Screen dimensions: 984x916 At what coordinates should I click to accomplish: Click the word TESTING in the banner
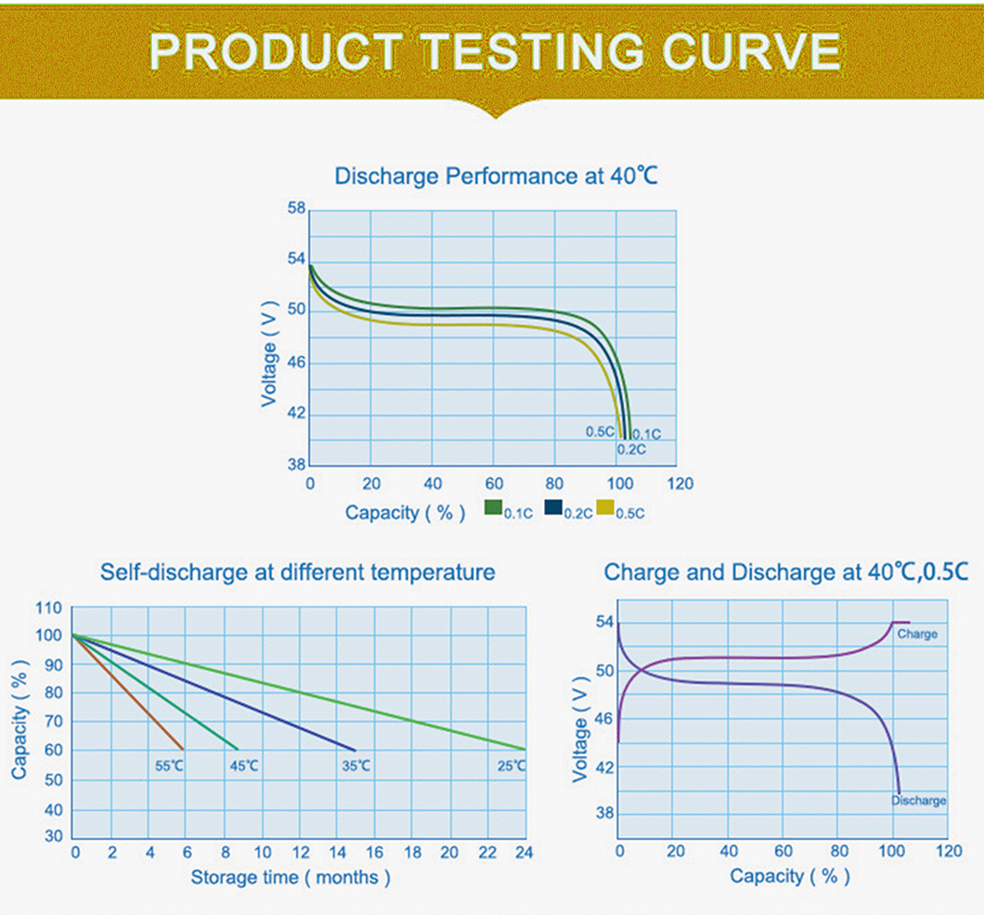[x=532, y=51]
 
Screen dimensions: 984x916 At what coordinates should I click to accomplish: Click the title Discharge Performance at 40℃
[x=496, y=177]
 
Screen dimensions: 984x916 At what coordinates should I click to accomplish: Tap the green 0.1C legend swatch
[x=494, y=506]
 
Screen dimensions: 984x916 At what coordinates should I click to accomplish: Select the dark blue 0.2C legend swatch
[x=553, y=506]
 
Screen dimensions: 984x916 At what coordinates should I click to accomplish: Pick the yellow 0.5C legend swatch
[x=605, y=506]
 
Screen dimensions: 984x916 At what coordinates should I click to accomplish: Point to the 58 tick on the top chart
[x=297, y=208]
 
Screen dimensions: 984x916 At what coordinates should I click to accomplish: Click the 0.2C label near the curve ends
[x=631, y=450]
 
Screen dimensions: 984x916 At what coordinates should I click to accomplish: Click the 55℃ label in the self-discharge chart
[x=170, y=766]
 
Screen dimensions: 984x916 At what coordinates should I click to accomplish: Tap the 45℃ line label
[x=243, y=766]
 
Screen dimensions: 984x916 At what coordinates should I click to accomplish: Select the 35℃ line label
[x=356, y=766]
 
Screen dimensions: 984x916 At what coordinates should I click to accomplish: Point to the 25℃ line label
[x=511, y=766]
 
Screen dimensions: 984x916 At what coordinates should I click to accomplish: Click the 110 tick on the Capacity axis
[x=49, y=608]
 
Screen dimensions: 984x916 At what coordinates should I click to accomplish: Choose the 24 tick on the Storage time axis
[x=524, y=852]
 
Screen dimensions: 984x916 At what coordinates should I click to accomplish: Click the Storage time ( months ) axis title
[x=291, y=877]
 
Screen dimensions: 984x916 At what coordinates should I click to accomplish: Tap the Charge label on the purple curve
[x=917, y=635]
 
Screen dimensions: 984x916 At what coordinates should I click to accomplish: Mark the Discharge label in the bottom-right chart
[x=919, y=801]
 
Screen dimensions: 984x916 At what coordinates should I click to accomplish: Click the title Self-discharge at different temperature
[x=297, y=572]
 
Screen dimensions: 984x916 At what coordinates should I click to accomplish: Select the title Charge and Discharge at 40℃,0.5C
[x=786, y=572]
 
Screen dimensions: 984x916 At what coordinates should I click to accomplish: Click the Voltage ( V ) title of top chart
[x=269, y=354]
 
